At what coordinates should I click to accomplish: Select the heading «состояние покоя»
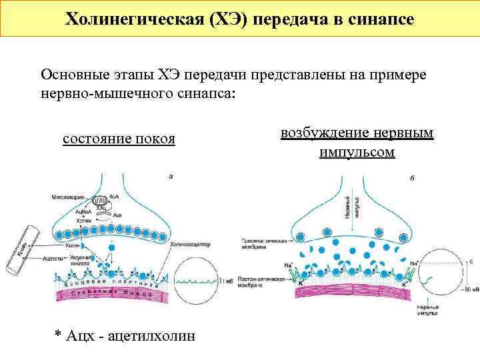click(x=119, y=139)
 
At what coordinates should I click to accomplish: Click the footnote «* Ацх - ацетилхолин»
click(x=125, y=335)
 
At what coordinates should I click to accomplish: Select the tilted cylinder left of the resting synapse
click(x=23, y=250)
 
